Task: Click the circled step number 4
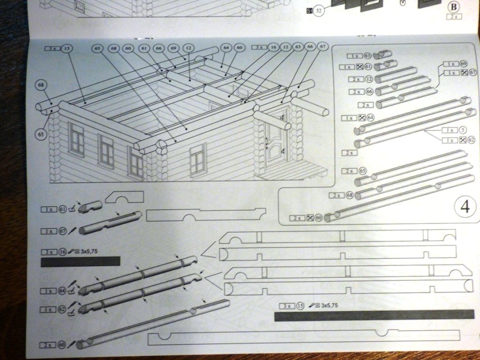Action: [465, 207]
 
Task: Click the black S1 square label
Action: [309, 10]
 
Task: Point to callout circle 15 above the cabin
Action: [67, 48]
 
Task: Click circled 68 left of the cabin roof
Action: [41, 85]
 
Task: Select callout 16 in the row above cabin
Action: [274, 47]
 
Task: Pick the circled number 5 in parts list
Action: [462, 130]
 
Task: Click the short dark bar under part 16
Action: [81, 261]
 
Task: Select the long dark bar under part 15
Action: [374, 315]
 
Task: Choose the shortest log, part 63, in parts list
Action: [382, 54]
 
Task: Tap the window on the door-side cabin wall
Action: [198, 158]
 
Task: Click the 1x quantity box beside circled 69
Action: [450, 64]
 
